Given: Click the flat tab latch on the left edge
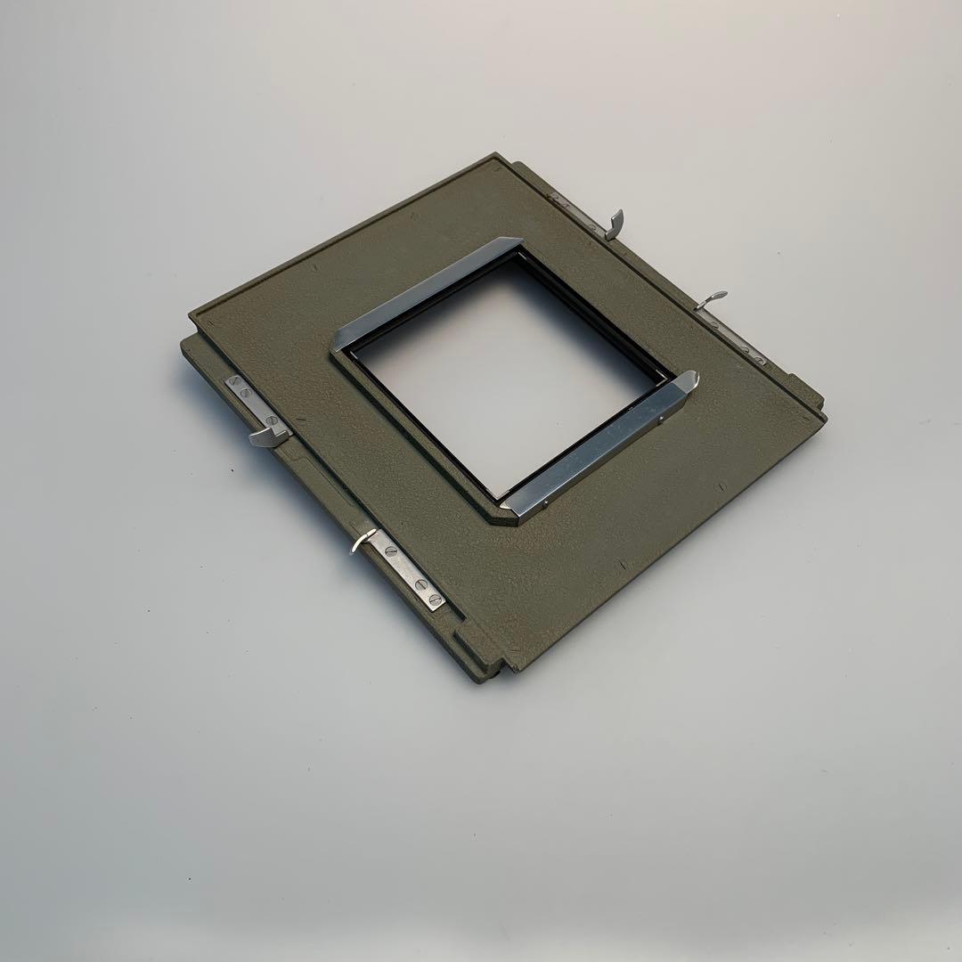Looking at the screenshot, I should click(268, 434).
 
